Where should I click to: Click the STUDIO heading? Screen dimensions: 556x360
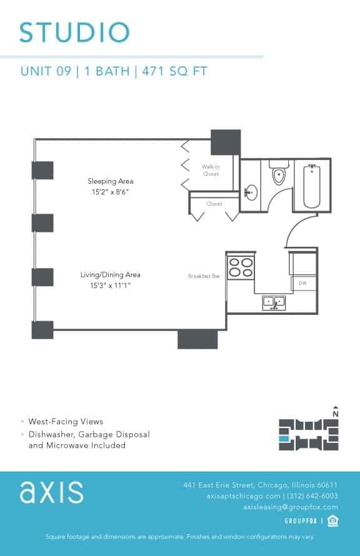tap(74, 32)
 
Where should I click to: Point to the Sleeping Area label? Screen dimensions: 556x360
tap(111, 181)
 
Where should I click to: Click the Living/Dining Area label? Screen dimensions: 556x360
tap(110, 275)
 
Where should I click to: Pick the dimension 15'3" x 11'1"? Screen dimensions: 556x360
tap(110, 285)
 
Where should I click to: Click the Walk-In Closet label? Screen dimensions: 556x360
tap(211, 171)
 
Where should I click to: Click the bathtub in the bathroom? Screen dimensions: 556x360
tap(311, 186)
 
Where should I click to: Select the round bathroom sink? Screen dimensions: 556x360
tap(251, 192)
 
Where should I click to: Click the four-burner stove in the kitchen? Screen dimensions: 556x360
tap(241, 267)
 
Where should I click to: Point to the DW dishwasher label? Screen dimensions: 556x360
tap(302, 284)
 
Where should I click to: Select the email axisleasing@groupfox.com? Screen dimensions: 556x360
tap(291, 507)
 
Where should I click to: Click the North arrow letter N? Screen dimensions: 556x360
tap(336, 414)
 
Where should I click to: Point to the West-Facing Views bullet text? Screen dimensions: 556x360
tap(66, 422)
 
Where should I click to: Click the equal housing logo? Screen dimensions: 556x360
tap(332, 521)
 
